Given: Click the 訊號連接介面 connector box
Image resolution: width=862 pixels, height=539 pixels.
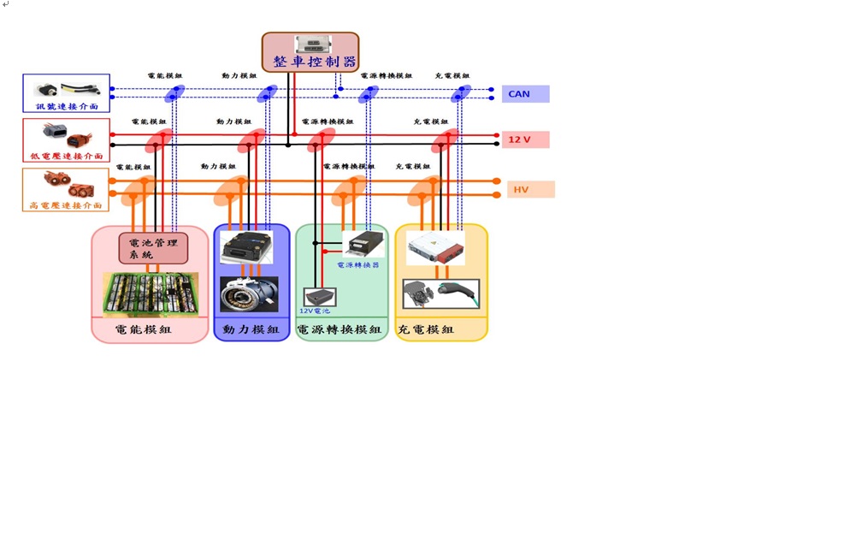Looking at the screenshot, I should point(67,93).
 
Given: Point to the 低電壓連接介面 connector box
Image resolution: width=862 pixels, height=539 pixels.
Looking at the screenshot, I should point(67,140).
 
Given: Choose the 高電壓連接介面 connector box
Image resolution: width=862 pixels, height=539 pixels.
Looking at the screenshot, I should point(67,189).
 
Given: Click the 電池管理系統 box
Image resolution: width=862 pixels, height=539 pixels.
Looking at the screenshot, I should point(153,248).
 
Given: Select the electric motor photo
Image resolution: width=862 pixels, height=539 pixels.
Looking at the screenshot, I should point(249,294).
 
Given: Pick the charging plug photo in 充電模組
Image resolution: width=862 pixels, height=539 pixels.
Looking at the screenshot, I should point(441,293).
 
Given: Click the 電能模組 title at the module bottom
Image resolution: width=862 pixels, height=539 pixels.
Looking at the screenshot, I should point(143,329).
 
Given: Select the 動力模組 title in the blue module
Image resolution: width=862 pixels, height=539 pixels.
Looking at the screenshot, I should point(251,329).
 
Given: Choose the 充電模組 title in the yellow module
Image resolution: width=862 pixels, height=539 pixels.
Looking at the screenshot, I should point(426,329).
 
